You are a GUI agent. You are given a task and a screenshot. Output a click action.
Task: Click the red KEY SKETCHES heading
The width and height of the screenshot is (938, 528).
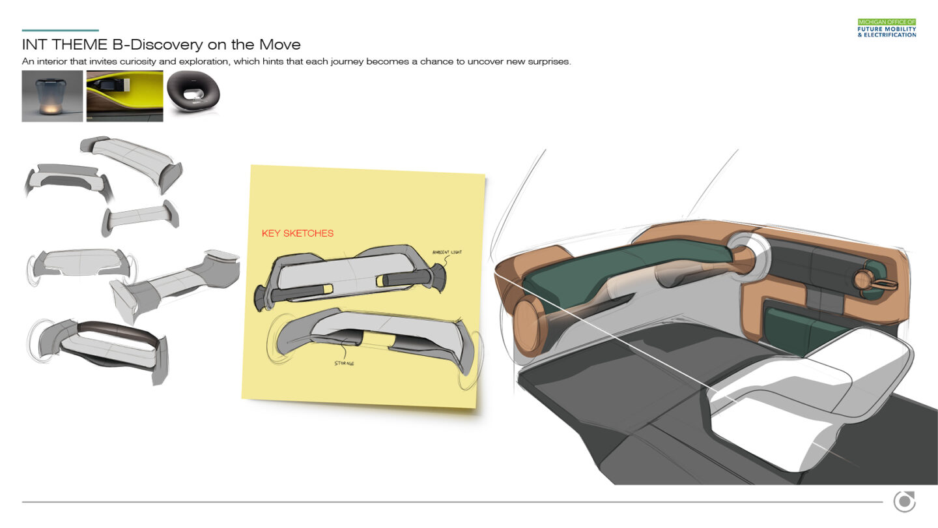tap(297, 233)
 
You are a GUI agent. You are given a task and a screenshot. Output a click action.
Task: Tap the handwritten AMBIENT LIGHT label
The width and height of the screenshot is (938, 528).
tap(447, 252)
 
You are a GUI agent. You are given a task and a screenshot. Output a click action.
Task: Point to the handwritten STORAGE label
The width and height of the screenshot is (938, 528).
tap(344, 363)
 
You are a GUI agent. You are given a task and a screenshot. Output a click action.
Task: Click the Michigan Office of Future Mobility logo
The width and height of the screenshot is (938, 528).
tap(887, 28)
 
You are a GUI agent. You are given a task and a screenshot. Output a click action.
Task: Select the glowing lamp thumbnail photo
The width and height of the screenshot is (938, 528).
tap(52, 96)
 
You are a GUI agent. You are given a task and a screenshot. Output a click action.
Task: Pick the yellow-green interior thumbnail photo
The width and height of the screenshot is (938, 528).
tap(125, 96)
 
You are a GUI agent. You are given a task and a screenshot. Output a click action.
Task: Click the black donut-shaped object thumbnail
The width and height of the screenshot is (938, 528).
tap(193, 91)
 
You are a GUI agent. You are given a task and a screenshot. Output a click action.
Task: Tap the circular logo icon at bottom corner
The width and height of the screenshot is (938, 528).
tap(905, 501)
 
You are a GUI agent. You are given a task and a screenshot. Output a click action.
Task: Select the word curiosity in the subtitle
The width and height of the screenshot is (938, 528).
tap(137, 61)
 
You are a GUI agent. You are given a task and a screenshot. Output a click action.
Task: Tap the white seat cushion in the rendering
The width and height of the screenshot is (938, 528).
tap(808, 398)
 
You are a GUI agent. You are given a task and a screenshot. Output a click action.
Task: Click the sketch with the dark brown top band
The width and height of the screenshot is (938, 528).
tap(98, 350)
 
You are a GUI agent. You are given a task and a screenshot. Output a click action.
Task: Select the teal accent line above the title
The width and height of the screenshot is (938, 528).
tap(61, 30)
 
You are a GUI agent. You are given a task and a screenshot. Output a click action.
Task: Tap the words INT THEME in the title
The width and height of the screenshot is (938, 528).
tap(64, 44)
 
